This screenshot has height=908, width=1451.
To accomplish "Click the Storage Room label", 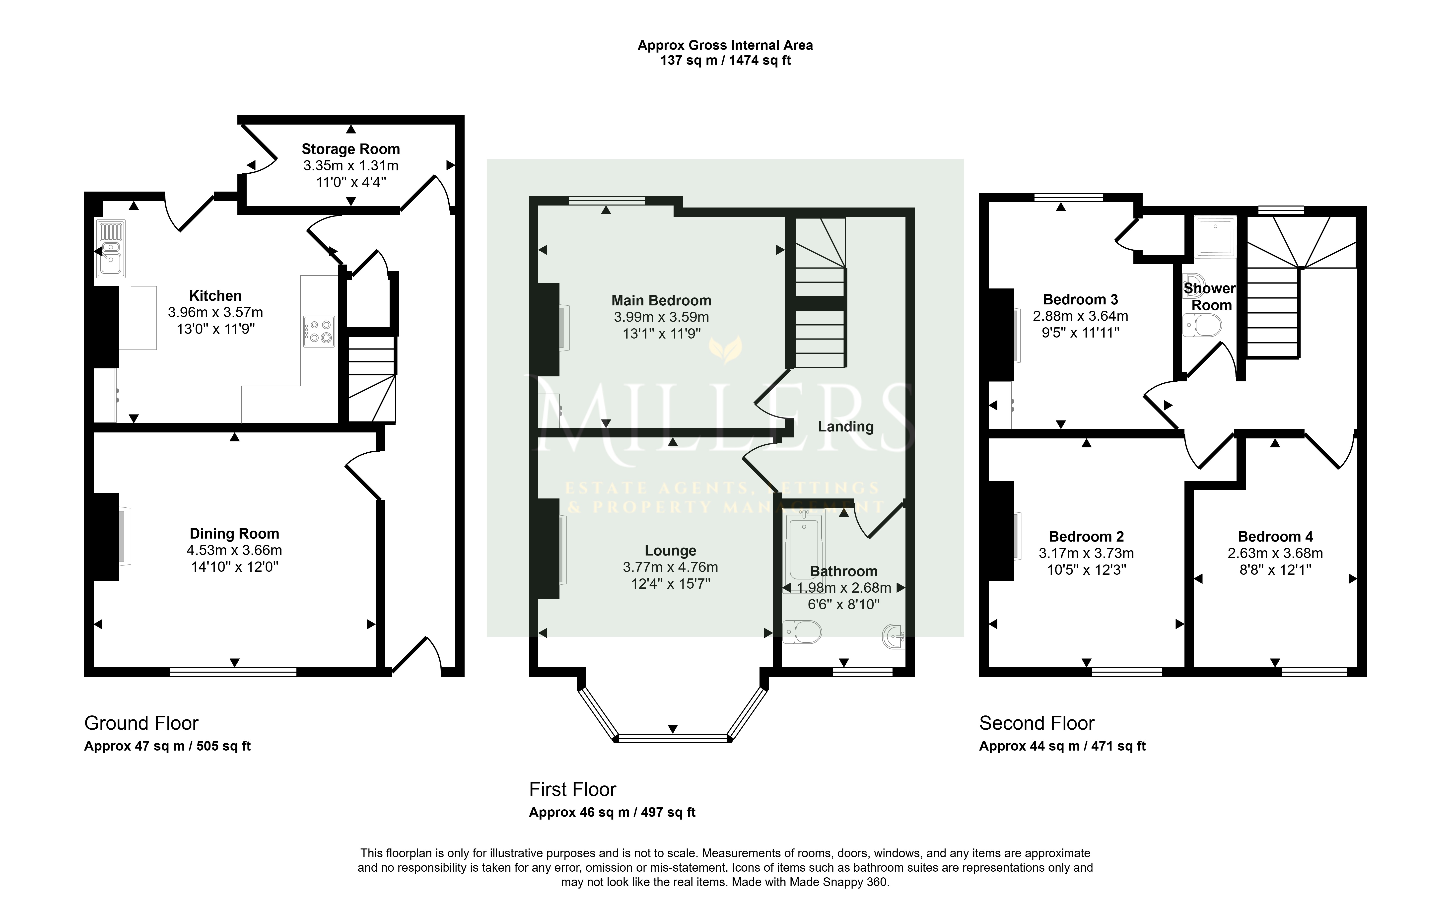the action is point(350,149).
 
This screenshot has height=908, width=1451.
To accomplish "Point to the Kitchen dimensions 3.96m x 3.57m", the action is point(215,312).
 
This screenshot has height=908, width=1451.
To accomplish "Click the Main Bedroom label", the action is point(662,300).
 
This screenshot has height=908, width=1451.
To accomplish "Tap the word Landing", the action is point(846,426).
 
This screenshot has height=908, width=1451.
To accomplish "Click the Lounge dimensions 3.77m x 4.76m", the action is point(671,567).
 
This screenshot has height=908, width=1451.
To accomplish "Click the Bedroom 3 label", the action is point(1081,299).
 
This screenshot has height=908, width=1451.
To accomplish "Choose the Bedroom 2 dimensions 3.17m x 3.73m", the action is point(1087,553).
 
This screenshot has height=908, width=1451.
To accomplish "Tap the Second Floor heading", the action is point(1037,723).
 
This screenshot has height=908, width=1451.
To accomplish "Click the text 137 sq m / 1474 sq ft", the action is point(725,61).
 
